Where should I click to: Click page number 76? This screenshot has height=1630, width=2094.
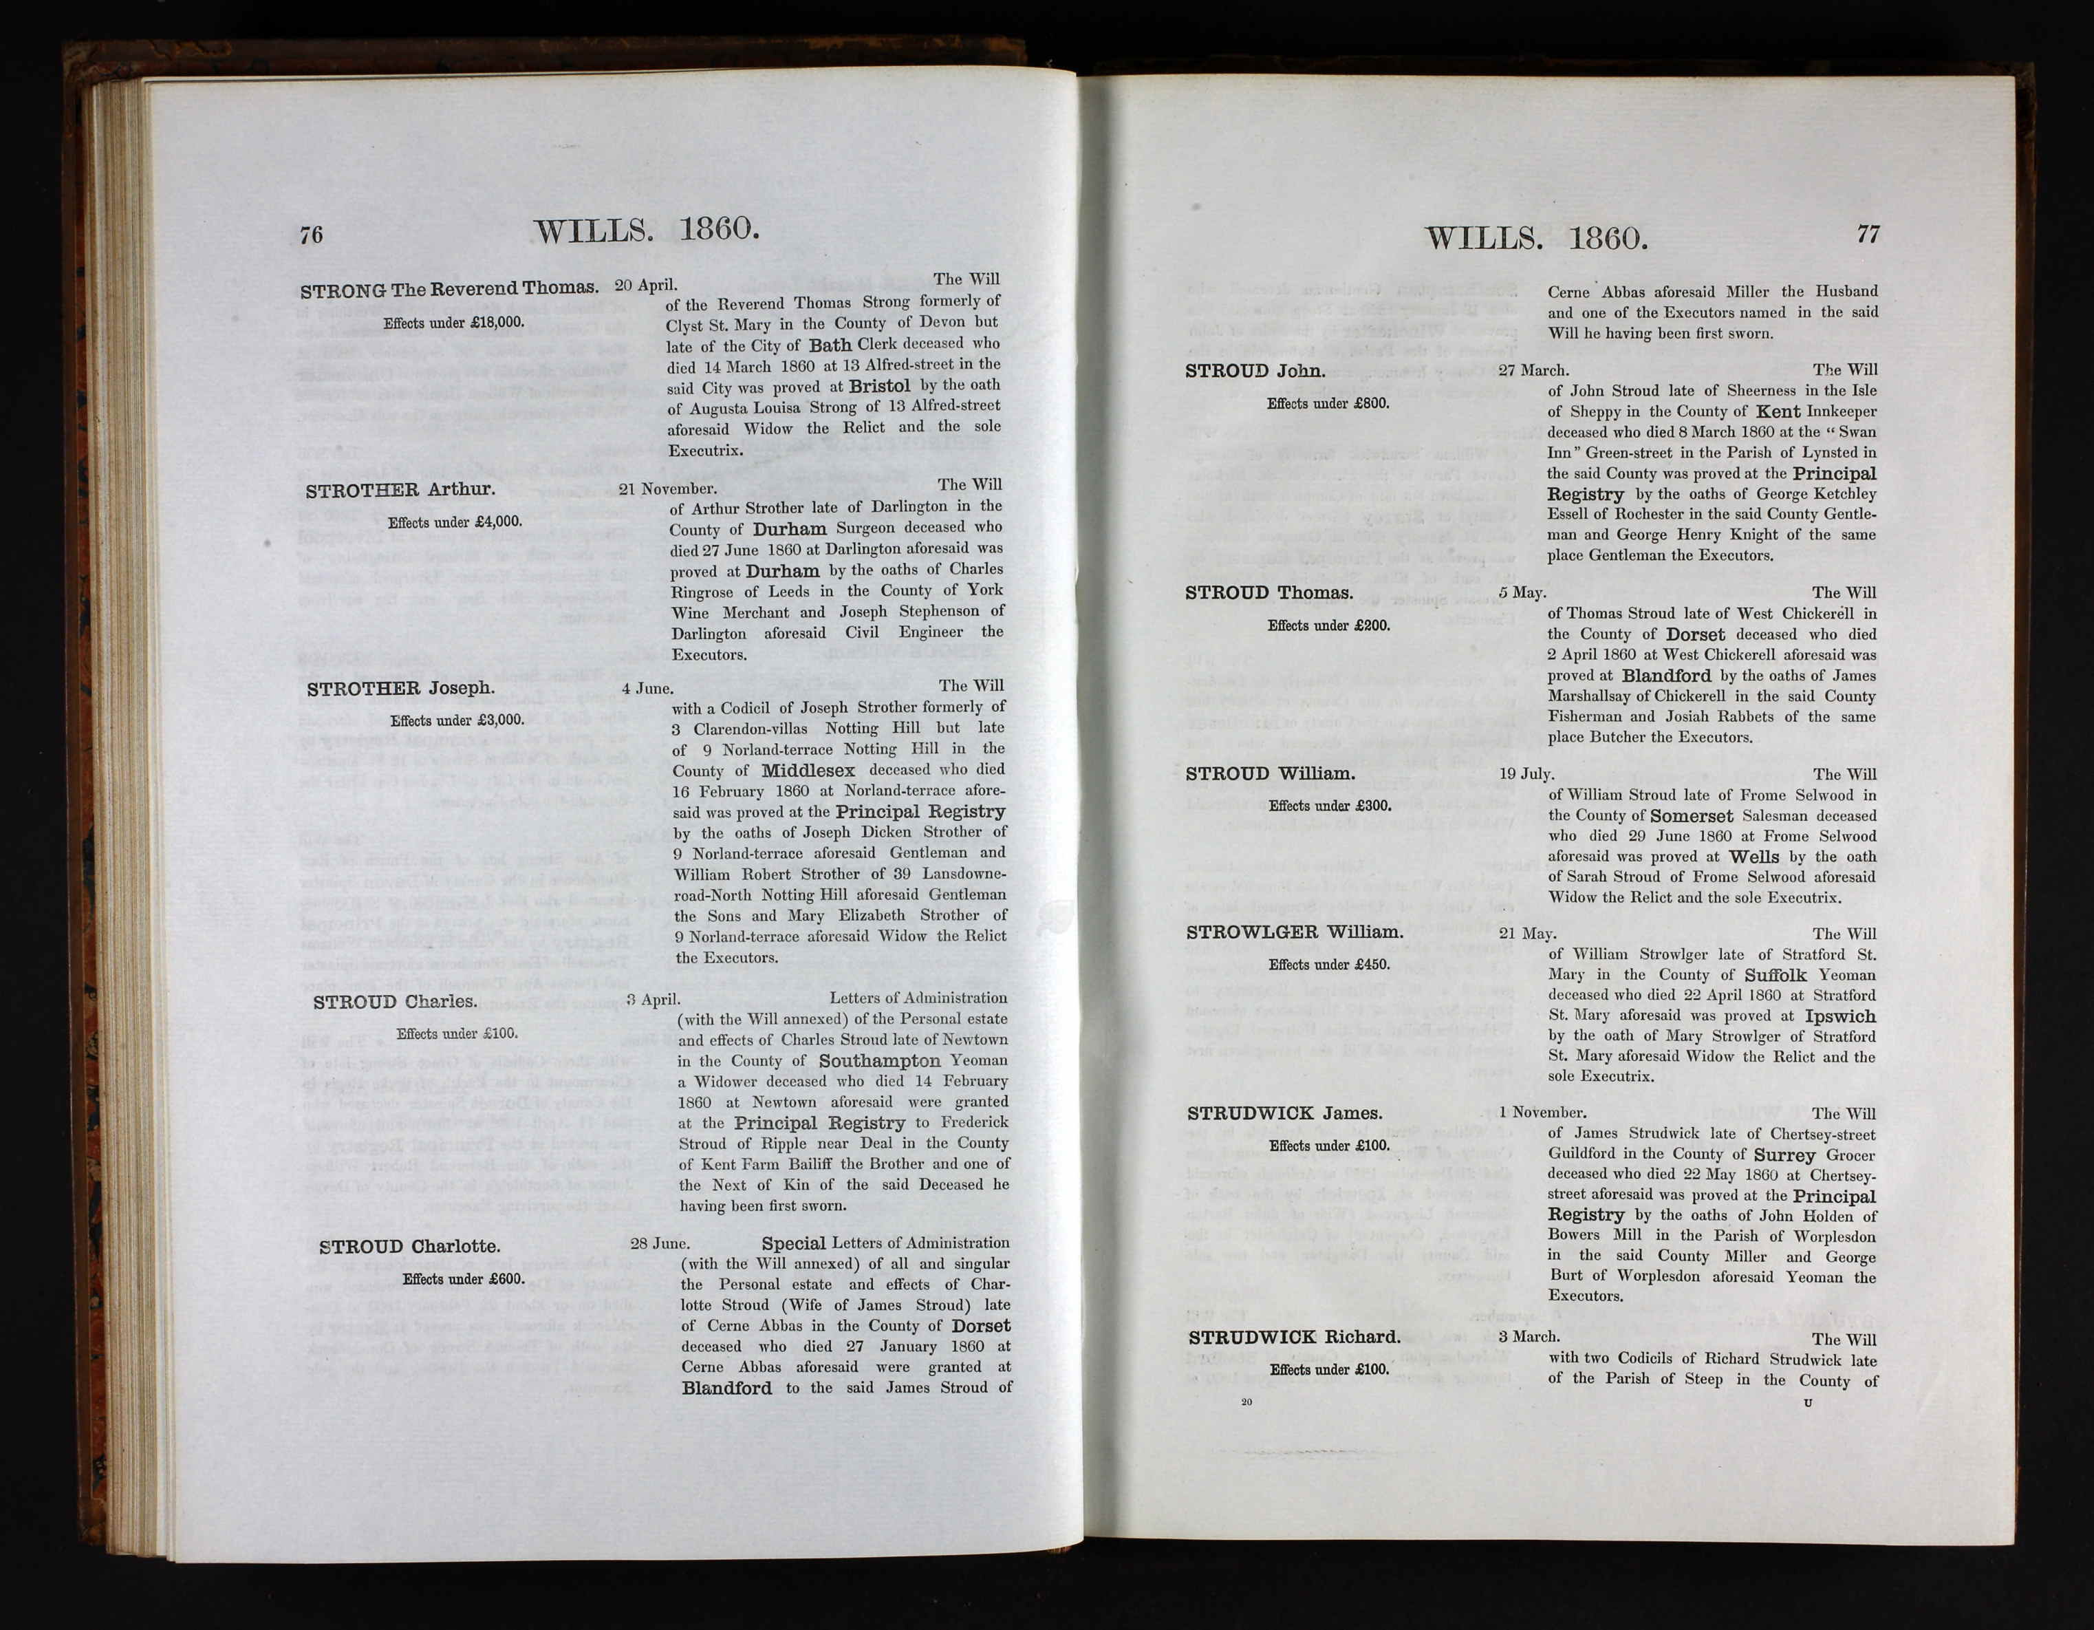tap(312, 235)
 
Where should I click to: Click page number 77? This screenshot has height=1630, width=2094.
tap(1868, 233)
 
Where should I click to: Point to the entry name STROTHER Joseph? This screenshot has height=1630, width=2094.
tap(401, 689)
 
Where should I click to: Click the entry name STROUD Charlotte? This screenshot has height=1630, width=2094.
tap(409, 1247)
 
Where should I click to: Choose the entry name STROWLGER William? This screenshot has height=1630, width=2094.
tap(1295, 932)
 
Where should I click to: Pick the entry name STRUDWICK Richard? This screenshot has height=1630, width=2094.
tap(1295, 1338)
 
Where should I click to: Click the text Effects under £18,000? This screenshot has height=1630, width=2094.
tap(453, 323)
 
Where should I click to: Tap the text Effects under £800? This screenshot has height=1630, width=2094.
tap(1328, 404)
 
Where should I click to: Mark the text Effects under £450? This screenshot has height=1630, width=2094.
tap(1329, 965)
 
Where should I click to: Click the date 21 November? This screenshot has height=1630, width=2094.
tap(667, 489)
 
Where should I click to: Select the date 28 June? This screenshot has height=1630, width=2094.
tap(660, 1243)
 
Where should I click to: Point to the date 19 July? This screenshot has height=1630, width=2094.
tap(1526, 774)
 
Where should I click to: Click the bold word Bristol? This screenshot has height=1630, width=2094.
tap(879, 385)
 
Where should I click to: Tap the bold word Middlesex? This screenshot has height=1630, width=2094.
tap(808, 770)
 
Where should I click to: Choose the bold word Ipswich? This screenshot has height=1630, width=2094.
tap(1839, 1016)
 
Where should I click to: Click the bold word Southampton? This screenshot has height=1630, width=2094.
tap(879, 1060)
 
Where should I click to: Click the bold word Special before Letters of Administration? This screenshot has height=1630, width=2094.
tap(794, 1243)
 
